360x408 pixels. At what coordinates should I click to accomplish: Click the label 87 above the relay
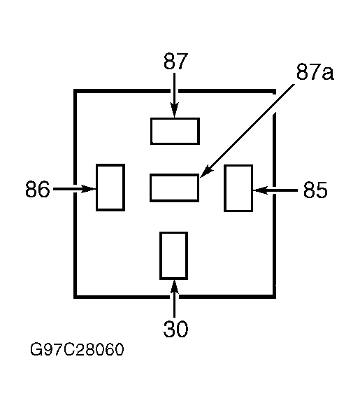coord(175,61)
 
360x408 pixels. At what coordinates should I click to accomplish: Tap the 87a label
coord(315,71)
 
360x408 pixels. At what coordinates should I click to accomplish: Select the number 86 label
coord(37,189)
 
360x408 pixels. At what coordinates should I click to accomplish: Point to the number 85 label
coord(315,190)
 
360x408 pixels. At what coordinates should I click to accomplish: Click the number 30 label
coord(175,329)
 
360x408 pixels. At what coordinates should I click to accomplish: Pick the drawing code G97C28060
coord(77,349)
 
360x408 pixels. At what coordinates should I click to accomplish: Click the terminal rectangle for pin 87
coord(175,131)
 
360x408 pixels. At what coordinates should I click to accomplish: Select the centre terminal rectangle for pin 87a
coord(175,188)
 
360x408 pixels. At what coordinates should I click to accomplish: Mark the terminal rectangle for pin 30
coord(173,255)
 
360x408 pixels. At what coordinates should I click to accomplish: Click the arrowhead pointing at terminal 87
coord(175,110)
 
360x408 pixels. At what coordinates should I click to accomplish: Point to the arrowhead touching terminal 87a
coord(207,171)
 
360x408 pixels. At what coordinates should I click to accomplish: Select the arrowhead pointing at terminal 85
coord(261,190)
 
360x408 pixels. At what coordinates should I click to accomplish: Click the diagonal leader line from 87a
coord(247,131)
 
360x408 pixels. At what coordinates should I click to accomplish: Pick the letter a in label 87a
coord(328,73)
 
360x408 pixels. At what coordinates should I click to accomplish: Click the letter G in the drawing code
coord(36,349)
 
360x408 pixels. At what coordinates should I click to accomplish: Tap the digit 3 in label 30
coord(169,329)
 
